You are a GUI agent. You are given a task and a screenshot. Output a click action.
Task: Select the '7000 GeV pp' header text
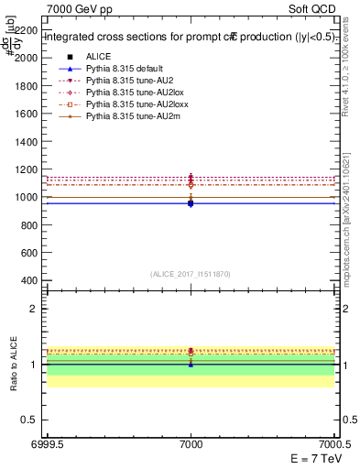point(74,7)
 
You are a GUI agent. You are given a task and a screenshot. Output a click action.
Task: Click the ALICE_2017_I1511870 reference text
point(191,274)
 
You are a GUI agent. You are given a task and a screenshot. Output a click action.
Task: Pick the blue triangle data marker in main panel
point(191,203)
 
